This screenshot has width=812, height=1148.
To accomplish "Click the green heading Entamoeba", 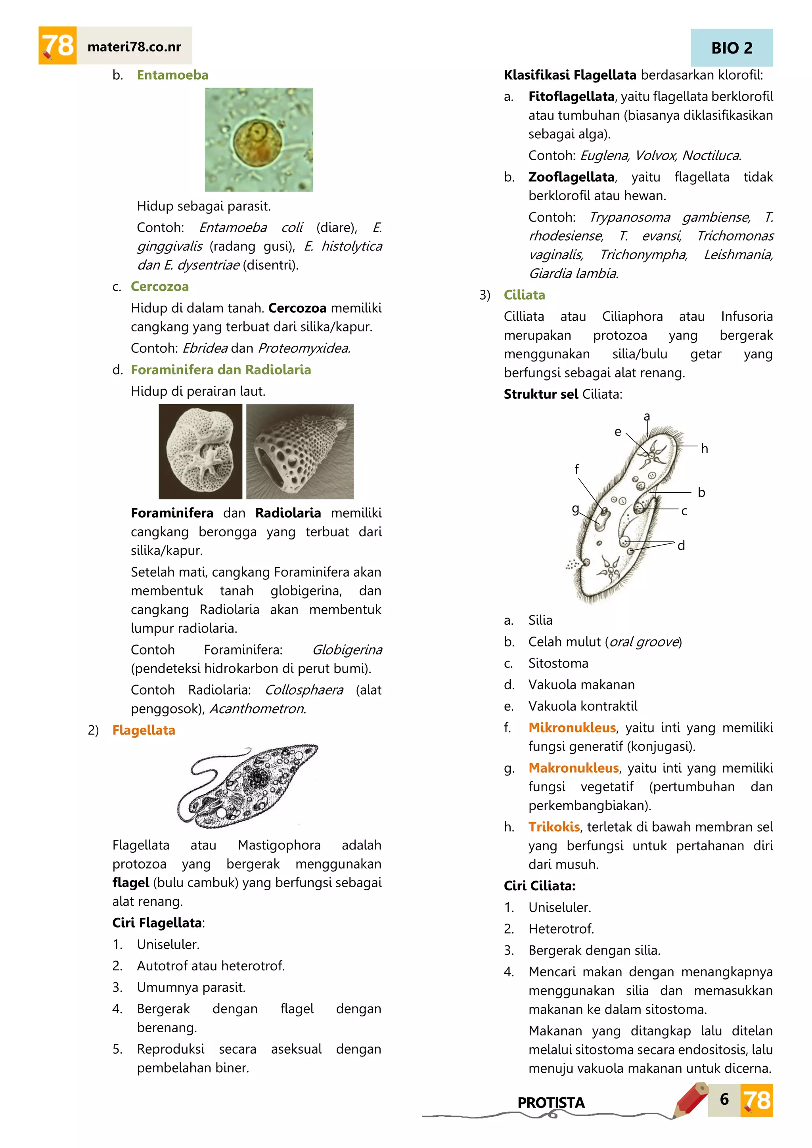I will click(172, 75).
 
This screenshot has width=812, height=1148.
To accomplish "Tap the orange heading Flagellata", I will click(144, 730).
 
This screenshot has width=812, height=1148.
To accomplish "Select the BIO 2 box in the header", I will click(732, 48).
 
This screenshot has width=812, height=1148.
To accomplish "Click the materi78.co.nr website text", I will click(134, 47).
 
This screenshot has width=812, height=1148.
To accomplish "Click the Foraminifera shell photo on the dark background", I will click(200, 452).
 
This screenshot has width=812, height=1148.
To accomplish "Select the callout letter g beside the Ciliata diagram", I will click(576, 509).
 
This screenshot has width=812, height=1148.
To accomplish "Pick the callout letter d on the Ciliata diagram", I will click(681, 545).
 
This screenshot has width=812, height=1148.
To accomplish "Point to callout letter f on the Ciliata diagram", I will click(576, 469).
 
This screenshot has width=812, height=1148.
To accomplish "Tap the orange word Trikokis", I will click(554, 827).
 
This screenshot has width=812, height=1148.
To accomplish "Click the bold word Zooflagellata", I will click(571, 177).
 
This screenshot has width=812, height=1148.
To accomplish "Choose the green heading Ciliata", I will click(524, 295).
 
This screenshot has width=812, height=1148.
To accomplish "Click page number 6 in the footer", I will click(724, 1099).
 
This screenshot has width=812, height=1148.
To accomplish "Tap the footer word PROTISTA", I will click(550, 1102).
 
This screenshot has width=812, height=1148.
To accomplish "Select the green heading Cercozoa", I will click(159, 287).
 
